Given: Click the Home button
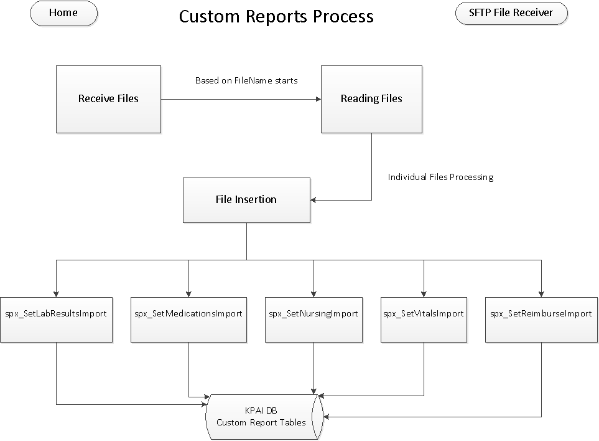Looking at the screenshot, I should click(63, 13).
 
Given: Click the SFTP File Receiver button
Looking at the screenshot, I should click(511, 13).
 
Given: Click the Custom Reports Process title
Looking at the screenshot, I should click(276, 16).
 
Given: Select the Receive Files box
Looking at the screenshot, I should click(108, 99).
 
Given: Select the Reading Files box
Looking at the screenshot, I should click(371, 99).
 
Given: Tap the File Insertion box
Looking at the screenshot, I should click(246, 200).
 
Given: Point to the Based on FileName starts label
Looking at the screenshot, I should click(246, 80).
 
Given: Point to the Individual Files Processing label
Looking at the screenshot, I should click(440, 178).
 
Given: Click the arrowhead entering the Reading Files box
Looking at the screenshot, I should click(317, 99).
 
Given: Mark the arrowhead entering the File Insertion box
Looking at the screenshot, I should click(313, 200).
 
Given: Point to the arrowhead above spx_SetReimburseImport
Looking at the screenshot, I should click(541, 293).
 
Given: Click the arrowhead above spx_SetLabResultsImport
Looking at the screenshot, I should click(57, 293).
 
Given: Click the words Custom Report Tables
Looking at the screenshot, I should click(261, 422).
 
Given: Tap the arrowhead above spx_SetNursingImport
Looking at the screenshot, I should click(313, 293).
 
